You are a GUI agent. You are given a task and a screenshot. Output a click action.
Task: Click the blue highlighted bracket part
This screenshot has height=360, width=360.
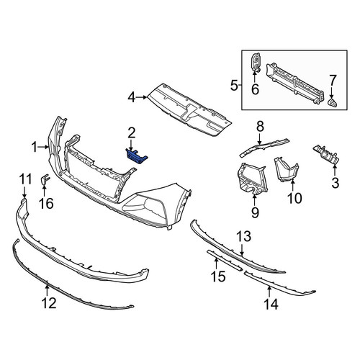pos(137,156)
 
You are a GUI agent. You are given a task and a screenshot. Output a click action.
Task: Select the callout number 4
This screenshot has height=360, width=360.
pos(132,97)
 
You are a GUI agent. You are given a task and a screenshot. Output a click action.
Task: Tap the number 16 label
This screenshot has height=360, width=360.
pos(46,203)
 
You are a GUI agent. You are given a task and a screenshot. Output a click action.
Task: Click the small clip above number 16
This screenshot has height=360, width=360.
pos(45,179)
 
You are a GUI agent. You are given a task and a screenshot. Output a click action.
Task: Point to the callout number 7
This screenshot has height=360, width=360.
pos(332,81)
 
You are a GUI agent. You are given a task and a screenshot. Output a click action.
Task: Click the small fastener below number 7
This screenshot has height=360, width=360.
pos(332,103)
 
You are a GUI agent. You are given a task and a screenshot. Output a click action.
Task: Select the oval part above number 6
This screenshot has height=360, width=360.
pos(256,62)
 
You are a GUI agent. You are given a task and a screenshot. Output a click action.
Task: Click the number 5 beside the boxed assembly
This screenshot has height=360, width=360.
pos(234,86)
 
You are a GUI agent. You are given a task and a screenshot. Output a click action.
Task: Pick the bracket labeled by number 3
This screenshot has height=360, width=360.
pos(326,156)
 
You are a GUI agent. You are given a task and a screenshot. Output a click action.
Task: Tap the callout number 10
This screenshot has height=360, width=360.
pos(294,198)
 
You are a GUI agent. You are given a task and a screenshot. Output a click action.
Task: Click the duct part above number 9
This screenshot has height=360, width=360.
pos(251,178)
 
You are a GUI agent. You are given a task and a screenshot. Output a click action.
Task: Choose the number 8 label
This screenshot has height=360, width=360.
pos(260,126)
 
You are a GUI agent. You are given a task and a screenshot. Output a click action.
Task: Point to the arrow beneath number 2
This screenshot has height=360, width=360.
pos(131,145)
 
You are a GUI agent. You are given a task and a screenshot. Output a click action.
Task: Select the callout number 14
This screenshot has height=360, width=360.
pos(271,305)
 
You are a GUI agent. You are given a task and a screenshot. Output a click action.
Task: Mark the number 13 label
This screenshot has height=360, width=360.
pos(244,236)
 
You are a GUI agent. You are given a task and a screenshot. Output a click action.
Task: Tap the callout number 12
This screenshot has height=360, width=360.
pos(49,303)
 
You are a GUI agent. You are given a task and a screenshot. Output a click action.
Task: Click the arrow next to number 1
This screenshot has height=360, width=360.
pos(43,147)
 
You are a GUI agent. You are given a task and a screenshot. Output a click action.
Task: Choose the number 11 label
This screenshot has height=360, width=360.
pos(25,179)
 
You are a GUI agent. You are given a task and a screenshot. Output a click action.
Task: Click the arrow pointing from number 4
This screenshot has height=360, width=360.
pos(142,97)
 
